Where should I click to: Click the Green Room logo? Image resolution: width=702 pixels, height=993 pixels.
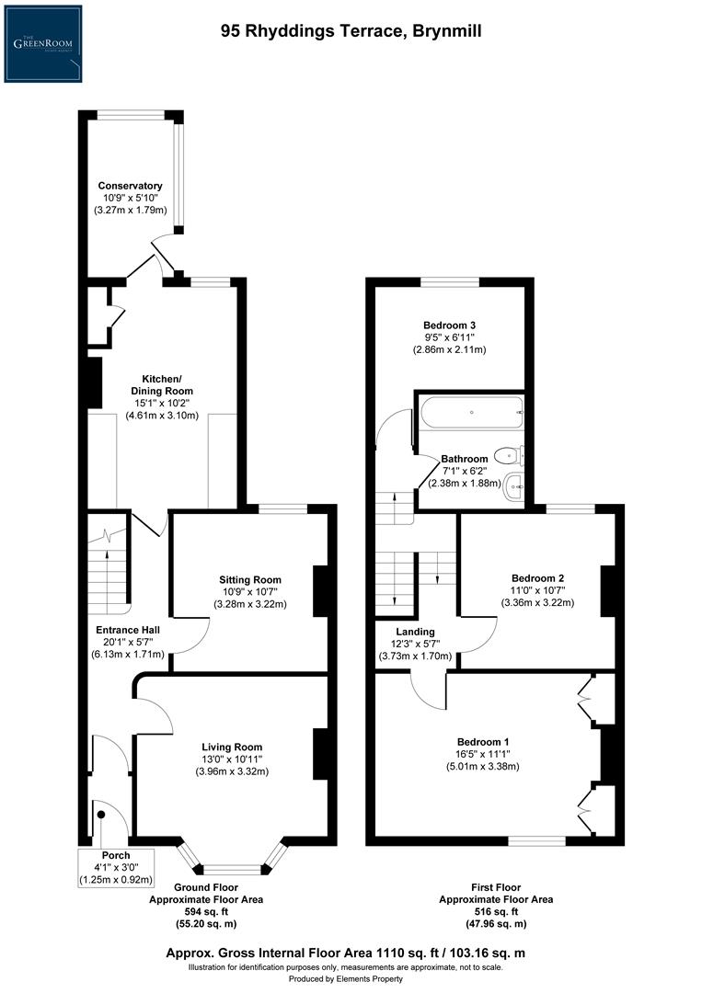[x=42, y=43]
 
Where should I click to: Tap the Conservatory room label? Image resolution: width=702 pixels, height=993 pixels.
[x=130, y=186]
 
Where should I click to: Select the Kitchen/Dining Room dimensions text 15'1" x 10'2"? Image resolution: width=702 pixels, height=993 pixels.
[x=160, y=403]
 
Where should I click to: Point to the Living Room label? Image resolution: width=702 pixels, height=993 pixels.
[x=232, y=747]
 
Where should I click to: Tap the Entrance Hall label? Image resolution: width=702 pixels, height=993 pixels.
[x=130, y=630]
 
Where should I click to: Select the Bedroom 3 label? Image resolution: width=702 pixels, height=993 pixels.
[x=449, y=325]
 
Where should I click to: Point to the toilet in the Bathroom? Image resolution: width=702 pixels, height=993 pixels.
[x=506, y=454]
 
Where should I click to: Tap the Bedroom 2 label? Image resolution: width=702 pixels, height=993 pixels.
[x=536, y=578]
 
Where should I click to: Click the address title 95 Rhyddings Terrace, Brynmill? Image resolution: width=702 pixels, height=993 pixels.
[x=351, y=31]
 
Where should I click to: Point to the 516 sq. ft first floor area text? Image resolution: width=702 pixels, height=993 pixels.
[x=495, y=911]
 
